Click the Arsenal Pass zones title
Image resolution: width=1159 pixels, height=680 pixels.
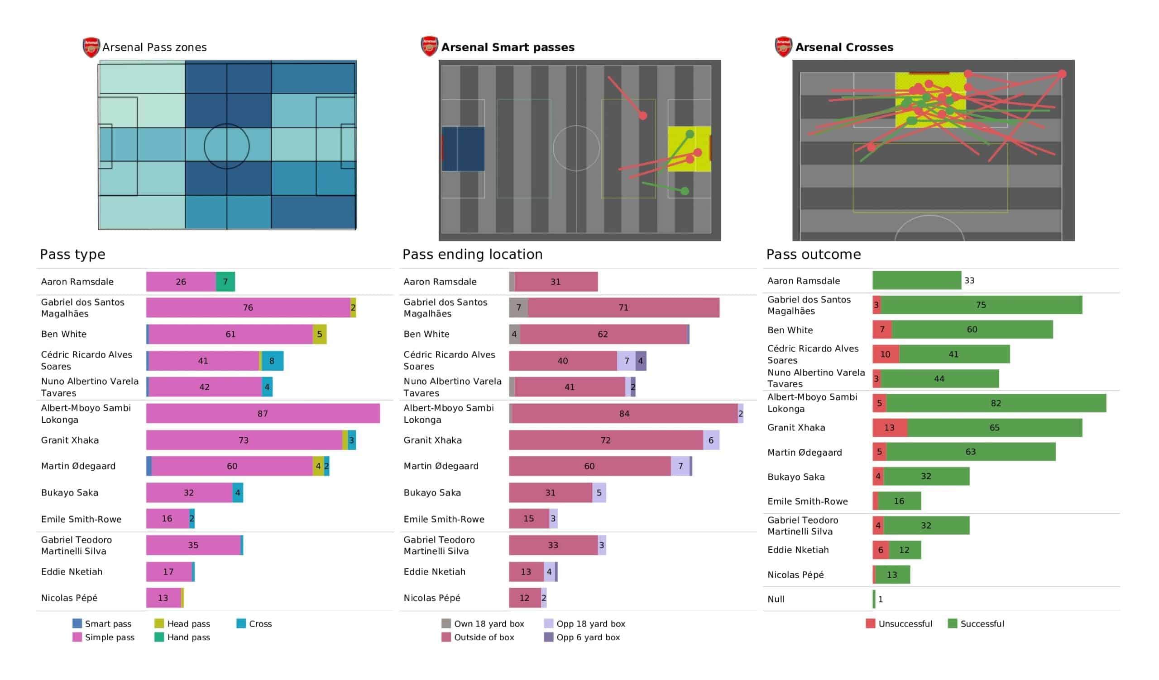tap(154, 47)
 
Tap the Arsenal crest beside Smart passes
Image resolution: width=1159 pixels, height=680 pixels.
tap(429, 47)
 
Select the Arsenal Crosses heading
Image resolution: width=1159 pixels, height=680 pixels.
tap(843, 47)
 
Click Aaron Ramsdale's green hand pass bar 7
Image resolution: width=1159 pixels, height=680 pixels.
tap(225, 282)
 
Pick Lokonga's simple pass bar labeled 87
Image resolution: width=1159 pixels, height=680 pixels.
tap(263, 414)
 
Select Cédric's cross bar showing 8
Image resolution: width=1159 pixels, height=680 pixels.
tap(272, 361)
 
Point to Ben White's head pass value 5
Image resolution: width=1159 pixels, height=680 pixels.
tap(319, 334)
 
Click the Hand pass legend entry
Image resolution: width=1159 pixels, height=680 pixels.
tap(182, 637)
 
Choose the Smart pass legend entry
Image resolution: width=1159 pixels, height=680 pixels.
tap(102, 623)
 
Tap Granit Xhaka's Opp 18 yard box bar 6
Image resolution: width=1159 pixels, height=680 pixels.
tap(711, 440)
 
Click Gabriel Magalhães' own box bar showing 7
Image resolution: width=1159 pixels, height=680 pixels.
tap(519, 307)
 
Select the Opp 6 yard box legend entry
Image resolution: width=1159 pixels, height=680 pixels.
tap(582, 637)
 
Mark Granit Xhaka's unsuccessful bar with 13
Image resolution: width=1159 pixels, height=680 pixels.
tap(890, 428)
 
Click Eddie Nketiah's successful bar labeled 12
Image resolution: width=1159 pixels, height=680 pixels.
tap(904, 550)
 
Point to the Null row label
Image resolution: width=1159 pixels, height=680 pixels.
tap(776, 599)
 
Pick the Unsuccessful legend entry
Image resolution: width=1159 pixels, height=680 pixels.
tap(899, 623)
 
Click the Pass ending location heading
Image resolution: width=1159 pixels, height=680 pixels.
tap(472, 255)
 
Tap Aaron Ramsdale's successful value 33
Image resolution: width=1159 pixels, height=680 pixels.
tap(969, 280)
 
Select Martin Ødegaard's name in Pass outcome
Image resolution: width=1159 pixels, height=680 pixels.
tap(805, 453)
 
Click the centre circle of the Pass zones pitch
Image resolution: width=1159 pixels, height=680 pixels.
tap(227, 146)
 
